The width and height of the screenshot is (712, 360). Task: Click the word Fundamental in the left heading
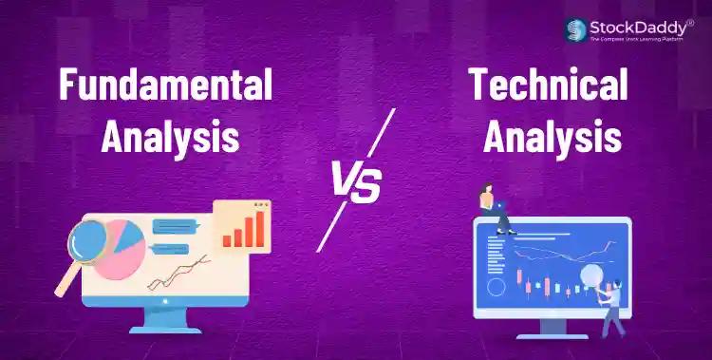point(165,86)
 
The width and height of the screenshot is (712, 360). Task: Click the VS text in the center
point(356,182)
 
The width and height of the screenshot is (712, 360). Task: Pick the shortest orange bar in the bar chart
point(227,239)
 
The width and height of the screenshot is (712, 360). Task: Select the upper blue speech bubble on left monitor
point(174,226)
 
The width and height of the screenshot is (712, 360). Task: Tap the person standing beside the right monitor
point(611,304)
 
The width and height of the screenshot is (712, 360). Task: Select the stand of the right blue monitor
point(551,328)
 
